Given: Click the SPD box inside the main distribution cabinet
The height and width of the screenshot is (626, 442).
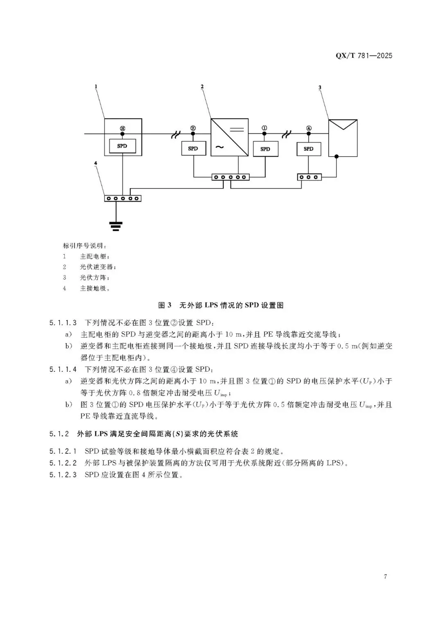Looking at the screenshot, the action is [122, 146].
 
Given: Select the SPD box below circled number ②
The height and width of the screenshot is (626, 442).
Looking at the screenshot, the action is [193, 148].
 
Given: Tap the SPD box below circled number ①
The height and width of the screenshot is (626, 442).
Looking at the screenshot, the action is [265, 149].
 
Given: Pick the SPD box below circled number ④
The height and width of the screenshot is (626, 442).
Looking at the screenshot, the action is [309, 149].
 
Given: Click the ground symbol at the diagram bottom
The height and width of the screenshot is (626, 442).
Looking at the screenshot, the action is [116, 226].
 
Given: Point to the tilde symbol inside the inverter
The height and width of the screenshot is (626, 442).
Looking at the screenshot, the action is [220, 147].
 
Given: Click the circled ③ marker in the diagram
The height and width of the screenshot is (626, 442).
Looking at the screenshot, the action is [122, 129].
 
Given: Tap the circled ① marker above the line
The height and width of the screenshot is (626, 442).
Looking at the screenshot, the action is [264, 128].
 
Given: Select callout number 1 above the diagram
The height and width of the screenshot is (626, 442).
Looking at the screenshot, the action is [96, 87].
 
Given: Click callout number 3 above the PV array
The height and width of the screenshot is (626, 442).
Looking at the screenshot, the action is [320, 87].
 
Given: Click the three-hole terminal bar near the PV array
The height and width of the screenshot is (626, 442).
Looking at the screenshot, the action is [309, 177].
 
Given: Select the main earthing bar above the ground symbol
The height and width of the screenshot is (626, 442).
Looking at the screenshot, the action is [122, 198].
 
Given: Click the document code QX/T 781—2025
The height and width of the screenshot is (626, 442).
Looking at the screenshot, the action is [364, 56].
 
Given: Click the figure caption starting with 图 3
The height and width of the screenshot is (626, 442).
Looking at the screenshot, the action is [221, 305].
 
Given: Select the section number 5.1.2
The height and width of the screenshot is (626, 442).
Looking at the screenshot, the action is [59, 434].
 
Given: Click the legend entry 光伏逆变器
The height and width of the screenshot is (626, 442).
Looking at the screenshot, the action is [98, 267].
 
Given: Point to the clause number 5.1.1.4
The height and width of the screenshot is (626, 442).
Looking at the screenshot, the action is [63, 369].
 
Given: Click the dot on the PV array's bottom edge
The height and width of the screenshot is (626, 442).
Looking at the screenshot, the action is [336, 157].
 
